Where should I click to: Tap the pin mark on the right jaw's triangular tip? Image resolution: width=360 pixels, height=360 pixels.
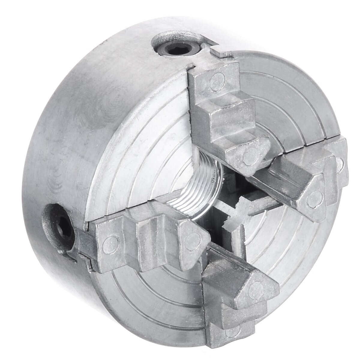pyautogui.click(x=313, y=196)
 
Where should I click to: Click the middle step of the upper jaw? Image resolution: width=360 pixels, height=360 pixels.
pyautogui.click(x=229, y=115)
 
